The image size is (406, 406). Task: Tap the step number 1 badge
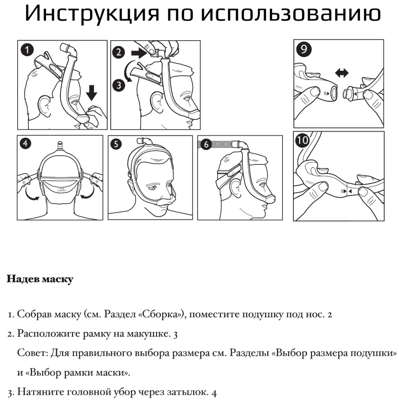click(27, 50)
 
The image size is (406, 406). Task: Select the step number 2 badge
click(119, 52)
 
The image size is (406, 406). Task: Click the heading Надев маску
click(40, 279)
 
